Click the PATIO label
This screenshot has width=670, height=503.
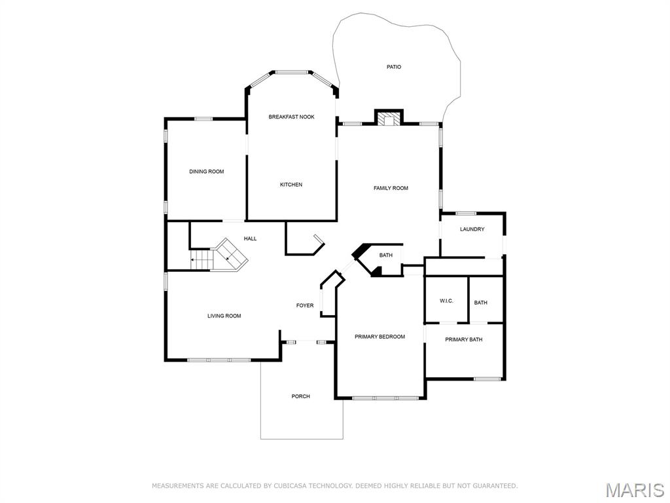(x=393, y=67)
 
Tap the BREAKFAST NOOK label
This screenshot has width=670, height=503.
(x=291, y=117)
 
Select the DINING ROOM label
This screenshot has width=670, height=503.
(x=207, y=172)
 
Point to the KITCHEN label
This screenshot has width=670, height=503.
(x=291, y=185)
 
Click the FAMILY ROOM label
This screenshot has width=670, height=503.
(x=391, y=188)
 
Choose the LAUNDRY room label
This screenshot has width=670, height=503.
(x=472, y=229)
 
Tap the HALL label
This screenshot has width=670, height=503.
(x=250, y=239)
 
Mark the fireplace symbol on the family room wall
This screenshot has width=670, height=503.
(x=389, y=119)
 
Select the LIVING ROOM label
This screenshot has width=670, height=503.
(x=224, y=316)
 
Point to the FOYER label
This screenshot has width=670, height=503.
(x=305, y=305)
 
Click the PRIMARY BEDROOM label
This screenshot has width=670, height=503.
(x=379, y=337)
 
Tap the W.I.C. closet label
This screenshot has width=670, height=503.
(x=446, y=301)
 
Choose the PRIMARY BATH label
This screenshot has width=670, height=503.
(x=463, y=339)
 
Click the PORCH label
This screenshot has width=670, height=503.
(x=301, y=396)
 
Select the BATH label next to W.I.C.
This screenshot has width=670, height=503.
(x=481, y=303)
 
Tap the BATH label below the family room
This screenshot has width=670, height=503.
(x=386, y=255)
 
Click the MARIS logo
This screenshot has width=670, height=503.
(x=634, y=489)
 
